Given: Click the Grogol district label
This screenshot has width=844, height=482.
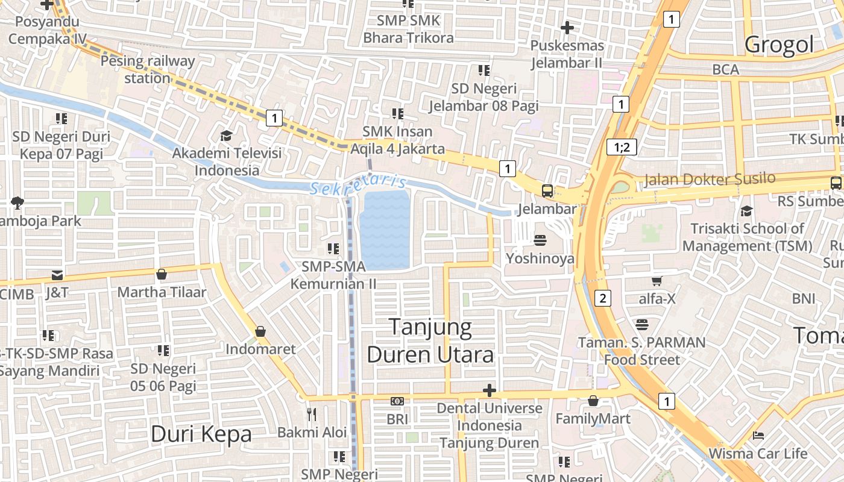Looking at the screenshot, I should pos(778,45).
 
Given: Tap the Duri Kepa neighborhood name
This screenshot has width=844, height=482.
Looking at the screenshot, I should pos(201,434).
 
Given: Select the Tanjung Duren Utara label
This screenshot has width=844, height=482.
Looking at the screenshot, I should pos(430,341).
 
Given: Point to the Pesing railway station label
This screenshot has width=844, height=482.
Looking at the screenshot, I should pos(148,69).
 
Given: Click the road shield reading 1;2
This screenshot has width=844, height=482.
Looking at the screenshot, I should pos(621,147).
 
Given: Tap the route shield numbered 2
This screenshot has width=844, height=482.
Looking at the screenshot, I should pos(602,298).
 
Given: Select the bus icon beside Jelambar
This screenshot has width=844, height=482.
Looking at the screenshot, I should pos(547,191).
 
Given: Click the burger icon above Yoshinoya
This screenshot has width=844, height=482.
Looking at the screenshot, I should pos(540,240).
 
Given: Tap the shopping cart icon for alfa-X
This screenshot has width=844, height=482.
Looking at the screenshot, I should pos(657,281).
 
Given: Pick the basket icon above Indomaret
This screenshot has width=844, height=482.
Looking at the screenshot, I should pos(260,331).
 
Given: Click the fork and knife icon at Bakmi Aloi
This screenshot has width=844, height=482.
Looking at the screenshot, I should pos(312,414).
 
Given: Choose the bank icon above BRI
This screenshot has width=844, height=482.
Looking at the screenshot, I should pos(397,401).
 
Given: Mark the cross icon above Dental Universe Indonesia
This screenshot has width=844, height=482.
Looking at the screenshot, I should pos(489,390).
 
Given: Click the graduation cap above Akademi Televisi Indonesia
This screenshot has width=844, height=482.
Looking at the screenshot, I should pos(227,136).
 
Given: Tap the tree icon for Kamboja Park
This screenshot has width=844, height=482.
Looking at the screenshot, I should pos(17,203).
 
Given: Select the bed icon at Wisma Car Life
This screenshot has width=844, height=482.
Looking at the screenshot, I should pos(758,435).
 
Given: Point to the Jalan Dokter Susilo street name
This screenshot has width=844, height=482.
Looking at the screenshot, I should pos(710,180).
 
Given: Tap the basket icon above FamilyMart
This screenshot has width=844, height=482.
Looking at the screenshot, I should pos(593,401).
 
